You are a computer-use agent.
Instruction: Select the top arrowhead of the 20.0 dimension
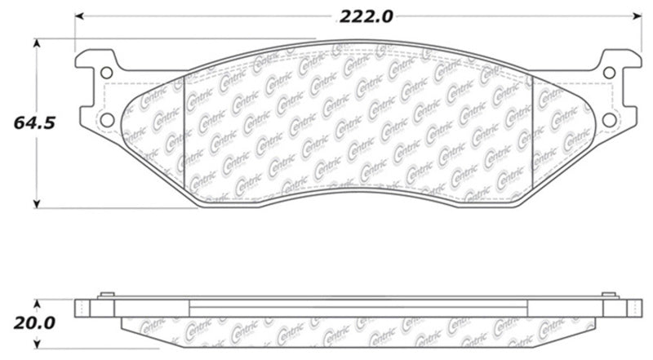36,303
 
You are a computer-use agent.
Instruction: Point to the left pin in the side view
104,296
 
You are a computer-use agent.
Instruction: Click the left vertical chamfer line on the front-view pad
187,135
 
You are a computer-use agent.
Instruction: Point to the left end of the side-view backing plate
79,309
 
